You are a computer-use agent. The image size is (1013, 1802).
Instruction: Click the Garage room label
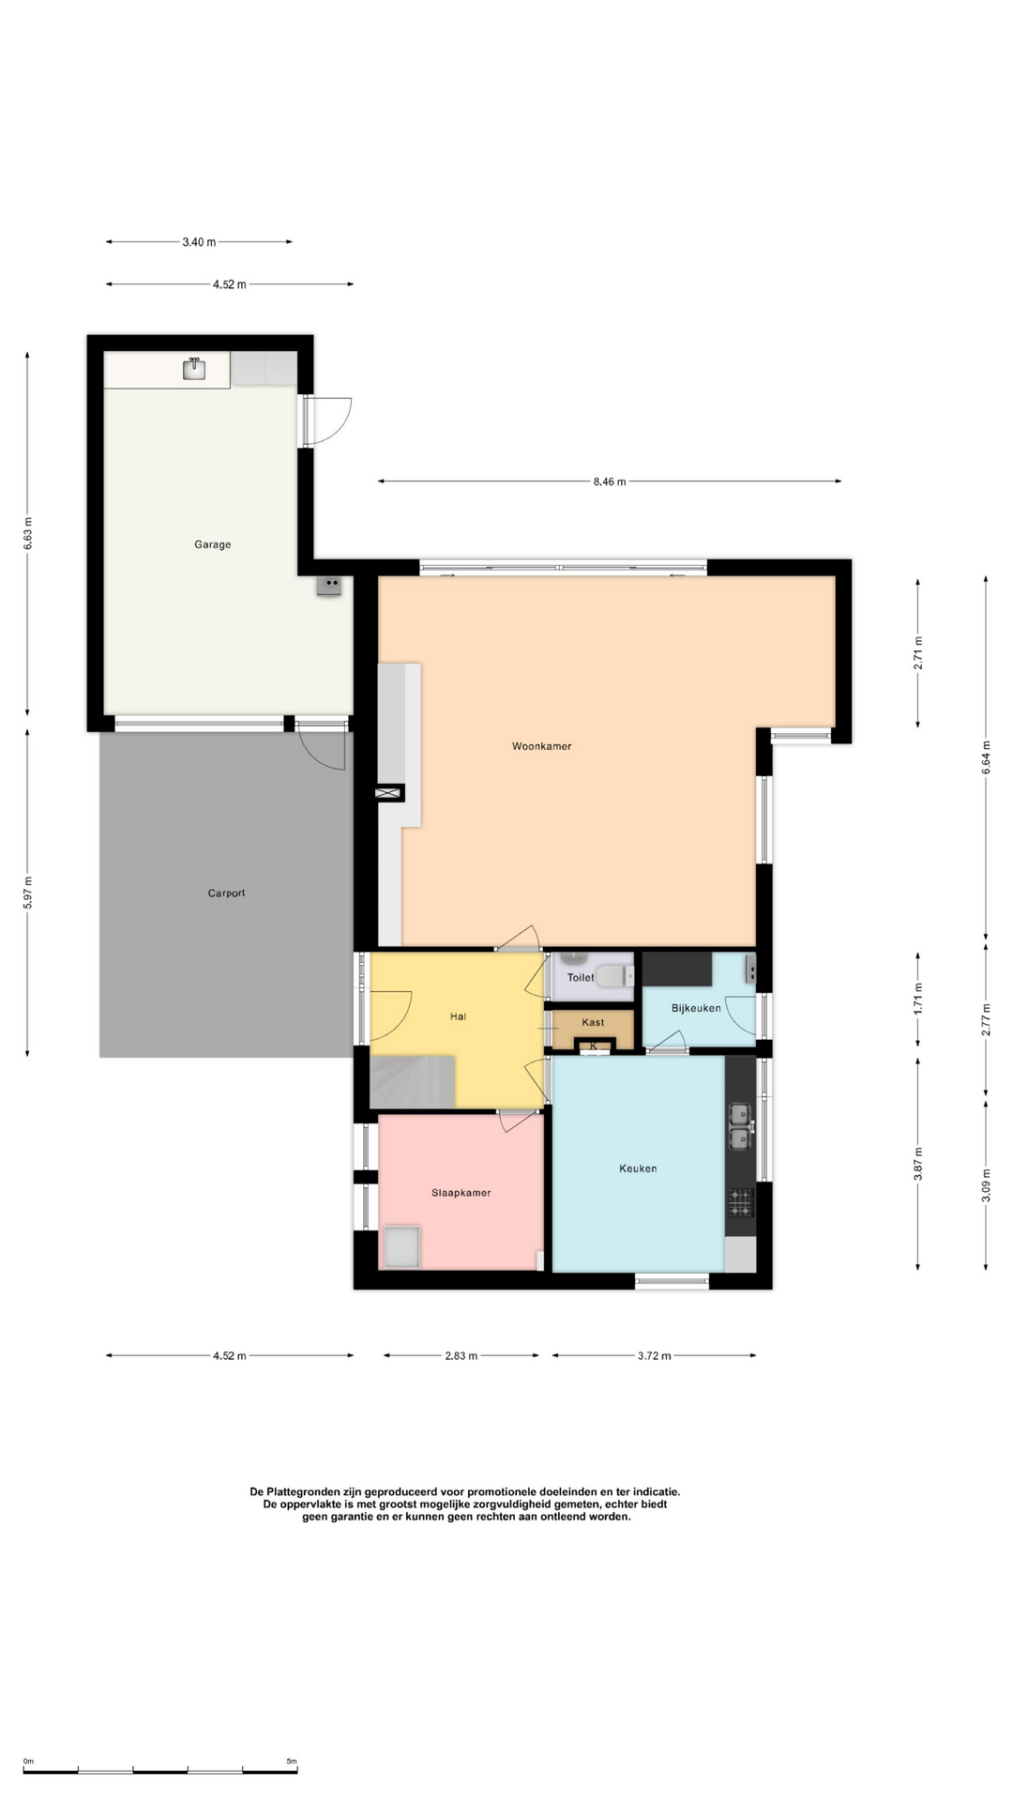pos(212,544)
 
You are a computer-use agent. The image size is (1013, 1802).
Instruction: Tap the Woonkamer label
pos(541,746)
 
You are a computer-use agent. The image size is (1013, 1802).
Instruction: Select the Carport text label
pos(226,893)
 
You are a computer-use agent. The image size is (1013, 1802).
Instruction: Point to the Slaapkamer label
pos(461,1193)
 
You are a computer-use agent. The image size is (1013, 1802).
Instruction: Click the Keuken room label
pos(638,1168)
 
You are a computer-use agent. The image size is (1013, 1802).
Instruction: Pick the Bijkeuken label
pos(696,1008)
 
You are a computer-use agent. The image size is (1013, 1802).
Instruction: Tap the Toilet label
pos(581,977)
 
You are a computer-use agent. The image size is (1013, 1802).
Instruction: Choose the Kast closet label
pos(593,1022)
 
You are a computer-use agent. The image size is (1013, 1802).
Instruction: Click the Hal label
pos(458,1016)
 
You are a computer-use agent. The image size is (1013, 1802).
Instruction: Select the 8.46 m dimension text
pos(609,481)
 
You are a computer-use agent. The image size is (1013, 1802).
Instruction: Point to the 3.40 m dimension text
pos(199,242)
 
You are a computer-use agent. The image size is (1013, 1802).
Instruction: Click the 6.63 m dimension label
pos(28,534)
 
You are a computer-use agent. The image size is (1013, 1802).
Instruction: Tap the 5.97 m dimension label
pos(28,892)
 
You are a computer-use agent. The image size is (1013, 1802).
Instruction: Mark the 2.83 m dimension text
pos(461,1355)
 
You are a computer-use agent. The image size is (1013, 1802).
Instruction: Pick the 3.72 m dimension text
pos(654,1355)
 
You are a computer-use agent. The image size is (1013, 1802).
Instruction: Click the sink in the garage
pos(194,368)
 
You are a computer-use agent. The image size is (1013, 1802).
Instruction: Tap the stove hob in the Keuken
pos(740,1202)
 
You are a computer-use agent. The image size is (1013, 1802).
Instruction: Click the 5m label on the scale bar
pos(291,1762)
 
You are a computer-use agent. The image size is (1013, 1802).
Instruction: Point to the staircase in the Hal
pos(413,1081)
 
